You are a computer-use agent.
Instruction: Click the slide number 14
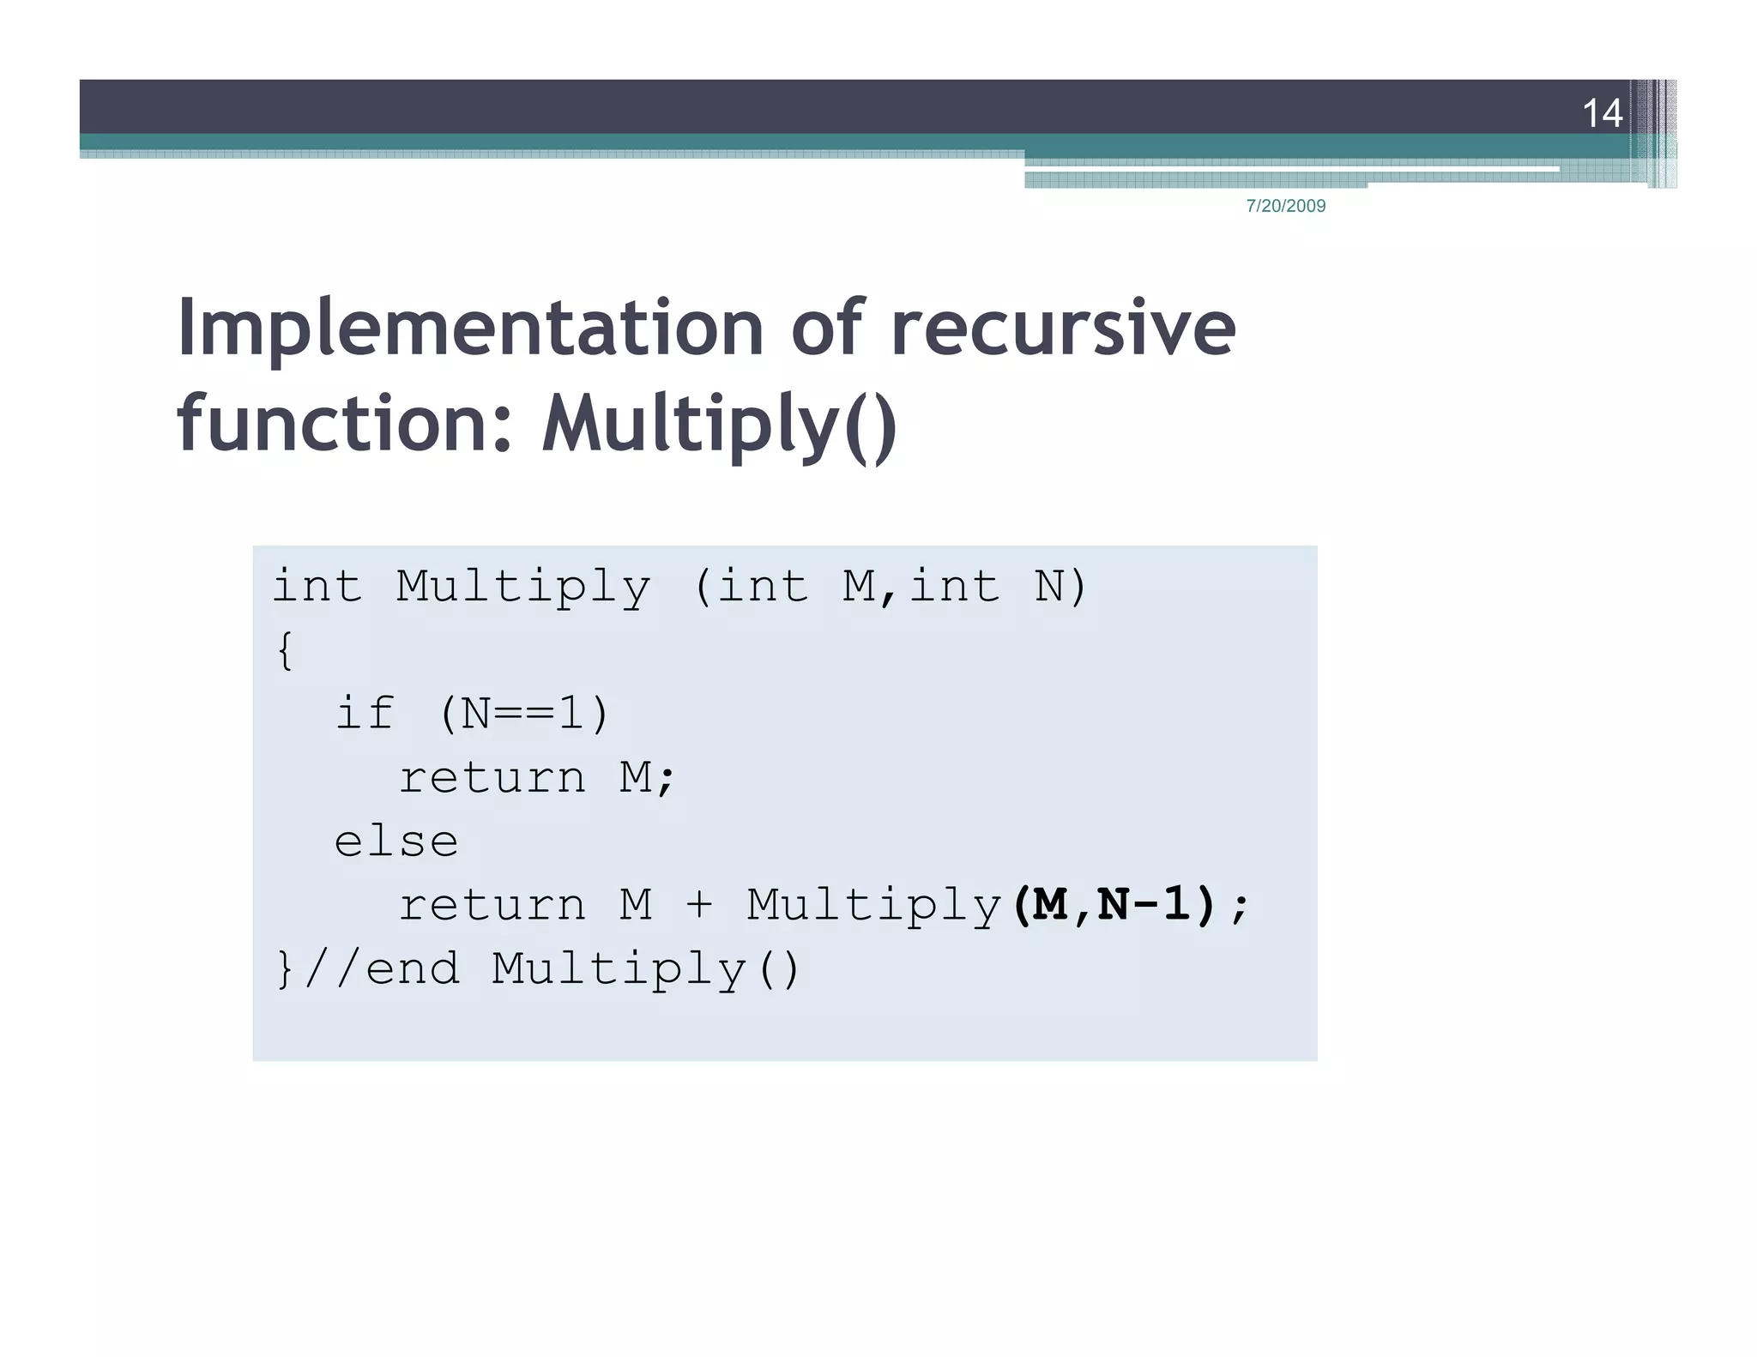click(x=1601, y=113)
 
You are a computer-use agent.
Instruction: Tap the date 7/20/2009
click(x=1285, y=206)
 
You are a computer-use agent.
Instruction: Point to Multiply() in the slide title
click(x=719, y=424)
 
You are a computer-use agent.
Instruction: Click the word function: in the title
click(x=344, y=422)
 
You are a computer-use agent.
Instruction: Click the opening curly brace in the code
click(x=286, y=650)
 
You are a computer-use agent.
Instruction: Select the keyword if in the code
click(x=365, y=714)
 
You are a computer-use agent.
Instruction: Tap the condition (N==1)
click(x=523, y=714)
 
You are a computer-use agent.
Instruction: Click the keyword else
click(x=395, y=841)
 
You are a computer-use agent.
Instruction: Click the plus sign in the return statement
click(x=699, y=906)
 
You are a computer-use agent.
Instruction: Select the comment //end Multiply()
click(x=552, y=969)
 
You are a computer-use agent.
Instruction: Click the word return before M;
click(x=492, y=778)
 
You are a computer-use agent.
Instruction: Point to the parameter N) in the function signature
click(x=1060, y=588)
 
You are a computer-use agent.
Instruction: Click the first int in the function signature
click(x=317, y=588)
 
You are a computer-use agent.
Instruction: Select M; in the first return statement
click(x=648, y=778)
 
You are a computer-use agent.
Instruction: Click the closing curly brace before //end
click(x=285, y=969)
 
